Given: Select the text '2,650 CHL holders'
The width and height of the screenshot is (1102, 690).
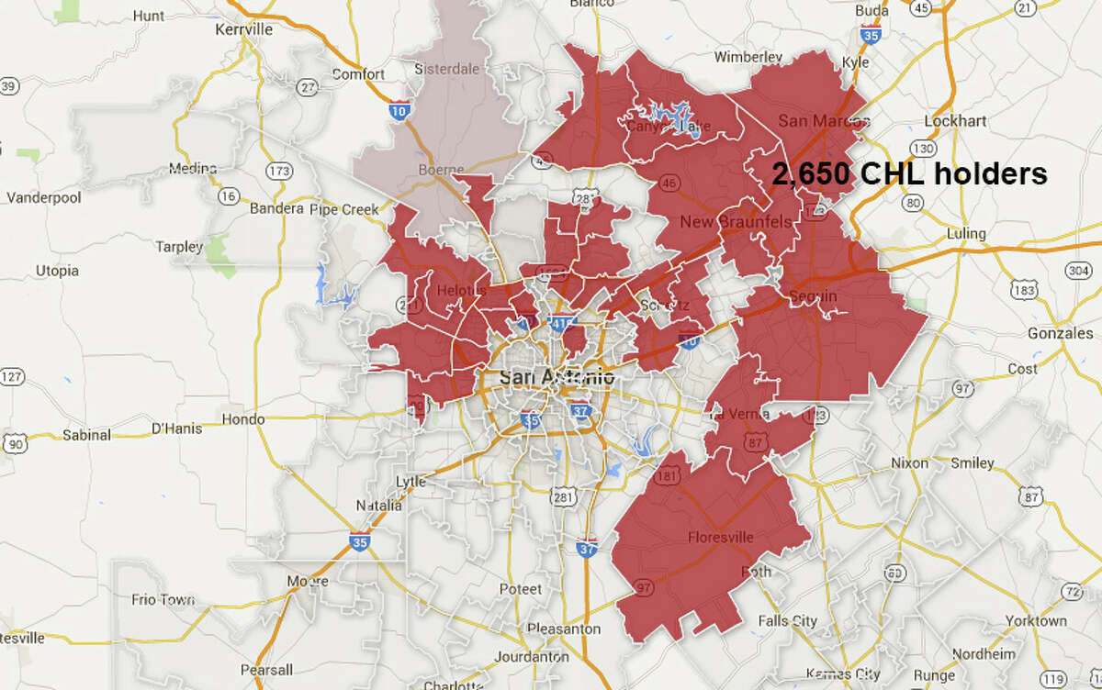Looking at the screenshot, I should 909,174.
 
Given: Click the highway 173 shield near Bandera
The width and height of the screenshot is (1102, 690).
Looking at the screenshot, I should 276,172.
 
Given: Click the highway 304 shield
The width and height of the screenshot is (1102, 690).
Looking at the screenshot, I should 1079,271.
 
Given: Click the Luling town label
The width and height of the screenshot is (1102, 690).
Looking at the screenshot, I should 964,233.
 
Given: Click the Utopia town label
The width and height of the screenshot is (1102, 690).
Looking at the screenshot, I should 57,272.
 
